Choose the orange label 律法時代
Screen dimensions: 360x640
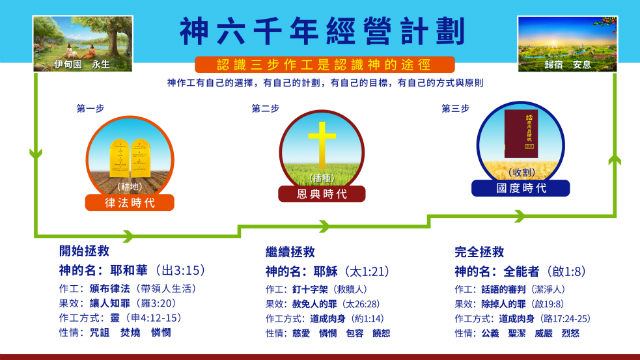tap(130, 202)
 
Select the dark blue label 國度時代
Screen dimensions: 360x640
tap(514, 187)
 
